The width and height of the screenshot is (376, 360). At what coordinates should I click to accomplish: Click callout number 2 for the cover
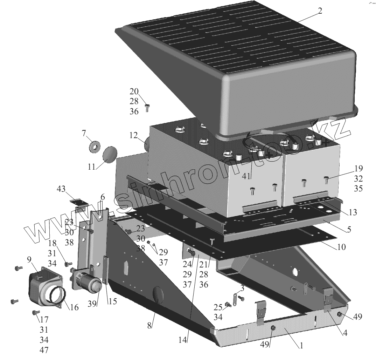click(320, 11)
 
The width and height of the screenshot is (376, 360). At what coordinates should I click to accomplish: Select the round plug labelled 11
click(110, 154)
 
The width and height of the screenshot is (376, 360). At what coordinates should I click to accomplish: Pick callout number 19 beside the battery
click(358, 168)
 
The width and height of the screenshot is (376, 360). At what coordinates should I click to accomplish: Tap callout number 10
click(341, 247)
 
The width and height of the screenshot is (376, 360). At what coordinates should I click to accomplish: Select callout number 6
click(102, 197)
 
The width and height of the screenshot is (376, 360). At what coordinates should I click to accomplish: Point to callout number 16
click(74, 308)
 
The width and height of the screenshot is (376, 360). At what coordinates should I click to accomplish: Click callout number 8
click(149, 325)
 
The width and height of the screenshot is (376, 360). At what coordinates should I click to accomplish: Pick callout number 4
click(345, 333)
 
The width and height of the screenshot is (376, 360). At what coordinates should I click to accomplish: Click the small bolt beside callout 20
click(147, 108)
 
